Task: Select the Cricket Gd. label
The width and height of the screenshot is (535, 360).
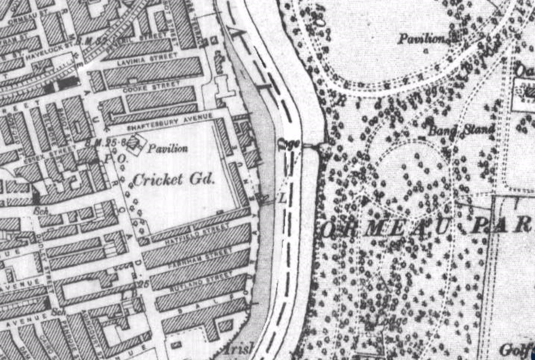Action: pos(173,179)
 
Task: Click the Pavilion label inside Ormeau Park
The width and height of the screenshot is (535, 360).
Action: pos(424,39)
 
